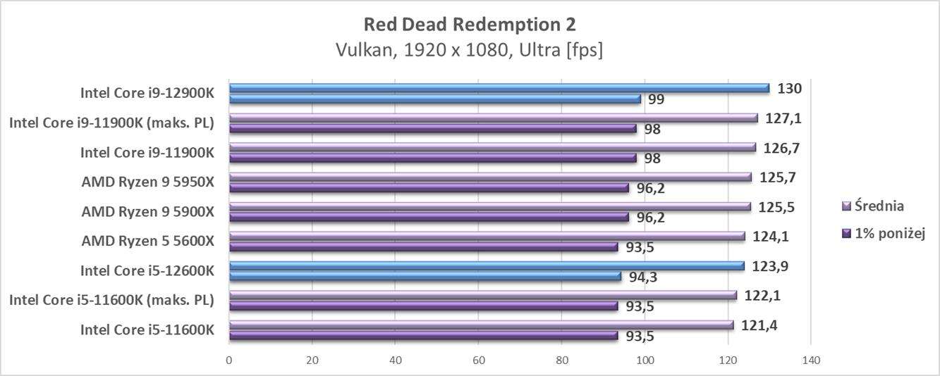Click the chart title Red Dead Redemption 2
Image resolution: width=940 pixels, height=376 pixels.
point(470,25)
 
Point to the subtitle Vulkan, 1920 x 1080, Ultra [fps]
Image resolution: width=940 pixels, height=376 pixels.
point(470,51)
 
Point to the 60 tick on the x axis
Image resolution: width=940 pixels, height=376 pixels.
point(478,361)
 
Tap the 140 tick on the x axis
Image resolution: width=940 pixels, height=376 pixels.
point(811,361)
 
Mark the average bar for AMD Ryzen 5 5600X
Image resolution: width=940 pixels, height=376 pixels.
point(487,236)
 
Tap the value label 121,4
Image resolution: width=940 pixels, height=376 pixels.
point(757,325)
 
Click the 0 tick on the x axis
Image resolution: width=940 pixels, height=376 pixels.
point(229,361)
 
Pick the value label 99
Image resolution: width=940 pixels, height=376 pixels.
point(656,99)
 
